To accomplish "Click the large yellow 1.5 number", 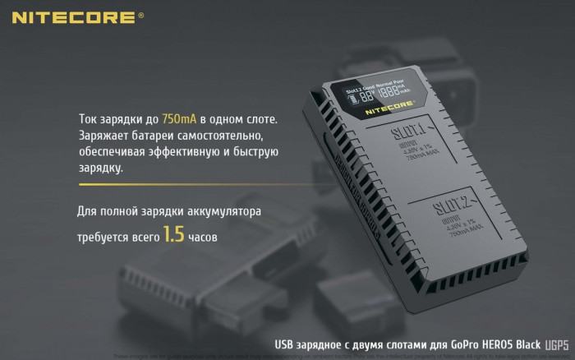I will tap(173, 235).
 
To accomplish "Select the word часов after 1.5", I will tap(204, 237).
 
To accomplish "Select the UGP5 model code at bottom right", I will tap(555, 347).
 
